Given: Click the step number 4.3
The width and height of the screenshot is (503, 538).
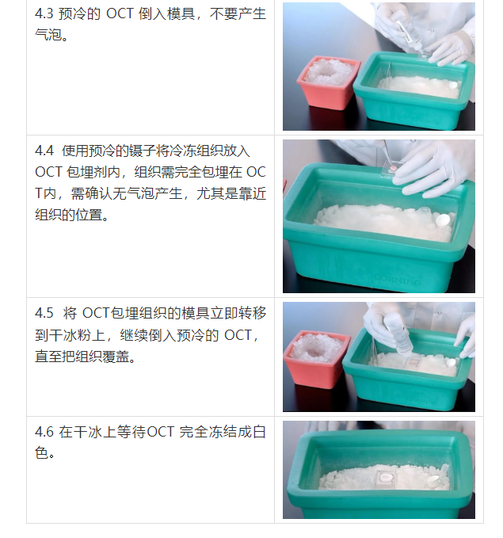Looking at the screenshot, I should click(44, 15).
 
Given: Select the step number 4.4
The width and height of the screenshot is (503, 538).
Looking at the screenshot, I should click(44, 150).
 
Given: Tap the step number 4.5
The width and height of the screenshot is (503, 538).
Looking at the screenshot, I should click(44, 313).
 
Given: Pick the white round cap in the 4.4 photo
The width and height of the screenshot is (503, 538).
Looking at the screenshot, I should click(443, 219).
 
